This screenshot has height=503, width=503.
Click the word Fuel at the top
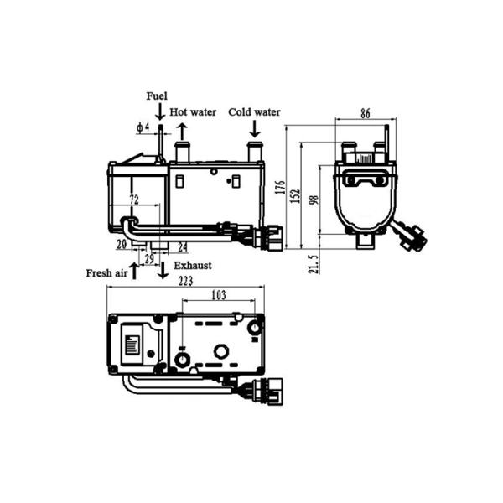tap(157, 96)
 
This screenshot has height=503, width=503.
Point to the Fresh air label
tap(106, 273)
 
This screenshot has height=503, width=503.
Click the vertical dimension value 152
tap(296, 194)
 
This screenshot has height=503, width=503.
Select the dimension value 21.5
tap(314, 265)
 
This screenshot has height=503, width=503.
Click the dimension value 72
tap(133, 199)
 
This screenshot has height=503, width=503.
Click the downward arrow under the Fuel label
tap(159, 111)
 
